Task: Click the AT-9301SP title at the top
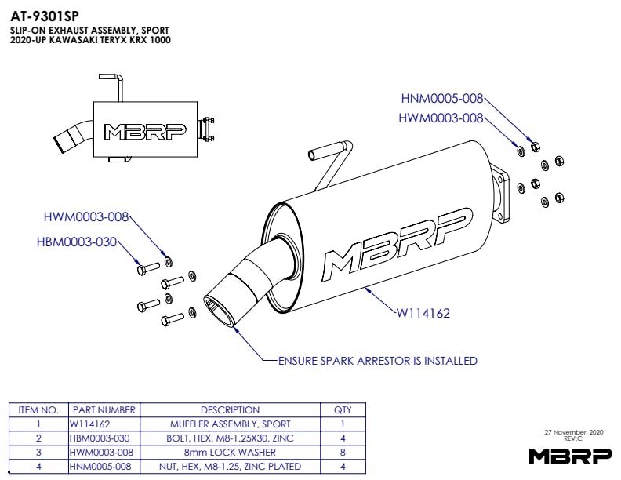point(44,15)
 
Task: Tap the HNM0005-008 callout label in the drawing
point(442,99)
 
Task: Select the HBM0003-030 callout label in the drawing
point(77,242)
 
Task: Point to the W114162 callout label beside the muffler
point(423,313)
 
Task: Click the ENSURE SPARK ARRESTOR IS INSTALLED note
point(377,362)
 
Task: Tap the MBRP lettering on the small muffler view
point(144,132)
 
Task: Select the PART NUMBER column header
point(103,410)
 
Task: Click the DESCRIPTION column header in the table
point(230,410)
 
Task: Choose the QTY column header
point(343,410)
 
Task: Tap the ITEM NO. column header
point(38,410)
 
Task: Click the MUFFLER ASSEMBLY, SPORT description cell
point(230,424)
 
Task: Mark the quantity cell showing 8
point(343,453)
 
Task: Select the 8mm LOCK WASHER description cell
point(230,453)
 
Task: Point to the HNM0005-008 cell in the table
point(103,467)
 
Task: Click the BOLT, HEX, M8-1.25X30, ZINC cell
point(230,438)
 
